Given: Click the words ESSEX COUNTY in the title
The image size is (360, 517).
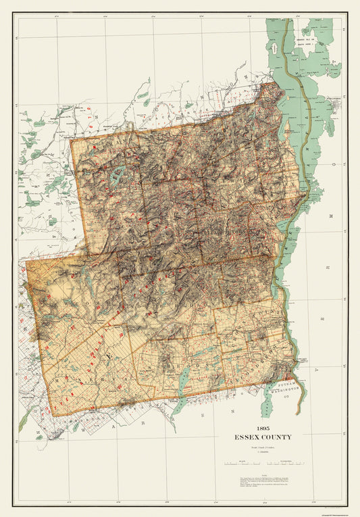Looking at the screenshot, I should click(265, 437).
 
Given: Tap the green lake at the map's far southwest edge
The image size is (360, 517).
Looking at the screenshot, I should click(23, 423).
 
